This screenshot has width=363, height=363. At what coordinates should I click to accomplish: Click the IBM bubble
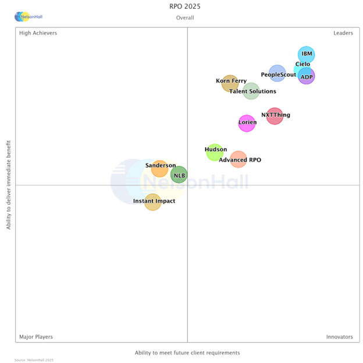click(x=306, y=55)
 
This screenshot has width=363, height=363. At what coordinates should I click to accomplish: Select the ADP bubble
click(x=307, y=76)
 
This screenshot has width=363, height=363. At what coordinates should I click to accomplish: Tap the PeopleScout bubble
click(x=277, y=73)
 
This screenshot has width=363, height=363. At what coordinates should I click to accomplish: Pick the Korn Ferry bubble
click(x=230, y=83)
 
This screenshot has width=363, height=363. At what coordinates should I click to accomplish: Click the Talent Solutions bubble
click(x=251, y=91)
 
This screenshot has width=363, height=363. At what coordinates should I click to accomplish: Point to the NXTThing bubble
click(x=275, y=116)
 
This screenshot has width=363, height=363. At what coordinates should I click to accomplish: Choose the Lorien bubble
click(x=247, y=123)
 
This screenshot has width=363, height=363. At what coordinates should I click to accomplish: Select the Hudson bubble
click(x=215, y=152)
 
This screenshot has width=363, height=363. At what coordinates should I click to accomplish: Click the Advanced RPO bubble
click(x=239, y=159)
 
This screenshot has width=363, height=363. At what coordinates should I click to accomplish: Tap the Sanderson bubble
click(x=159, y=168)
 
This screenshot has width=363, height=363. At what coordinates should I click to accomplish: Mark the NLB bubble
click(x=179, y=175)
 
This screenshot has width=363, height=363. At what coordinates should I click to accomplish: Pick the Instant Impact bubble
click(x=152, y=202)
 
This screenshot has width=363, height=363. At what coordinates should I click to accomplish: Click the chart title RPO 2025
click(x=185, y=8)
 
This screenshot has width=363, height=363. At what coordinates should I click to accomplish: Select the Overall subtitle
click(x=185, y=18)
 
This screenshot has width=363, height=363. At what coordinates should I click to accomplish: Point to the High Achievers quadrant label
click(x=38, y=33)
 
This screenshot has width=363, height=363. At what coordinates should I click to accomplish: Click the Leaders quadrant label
click(x=343, y=33)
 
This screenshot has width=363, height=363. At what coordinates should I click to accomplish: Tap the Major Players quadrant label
click(x=36, y=337)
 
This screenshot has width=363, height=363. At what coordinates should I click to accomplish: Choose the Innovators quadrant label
click(x=339, y=337)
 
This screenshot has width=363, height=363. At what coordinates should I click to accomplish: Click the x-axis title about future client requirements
click(x=187, y=353)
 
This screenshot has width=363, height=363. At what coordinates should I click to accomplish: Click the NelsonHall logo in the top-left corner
click(x=29, y=17)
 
